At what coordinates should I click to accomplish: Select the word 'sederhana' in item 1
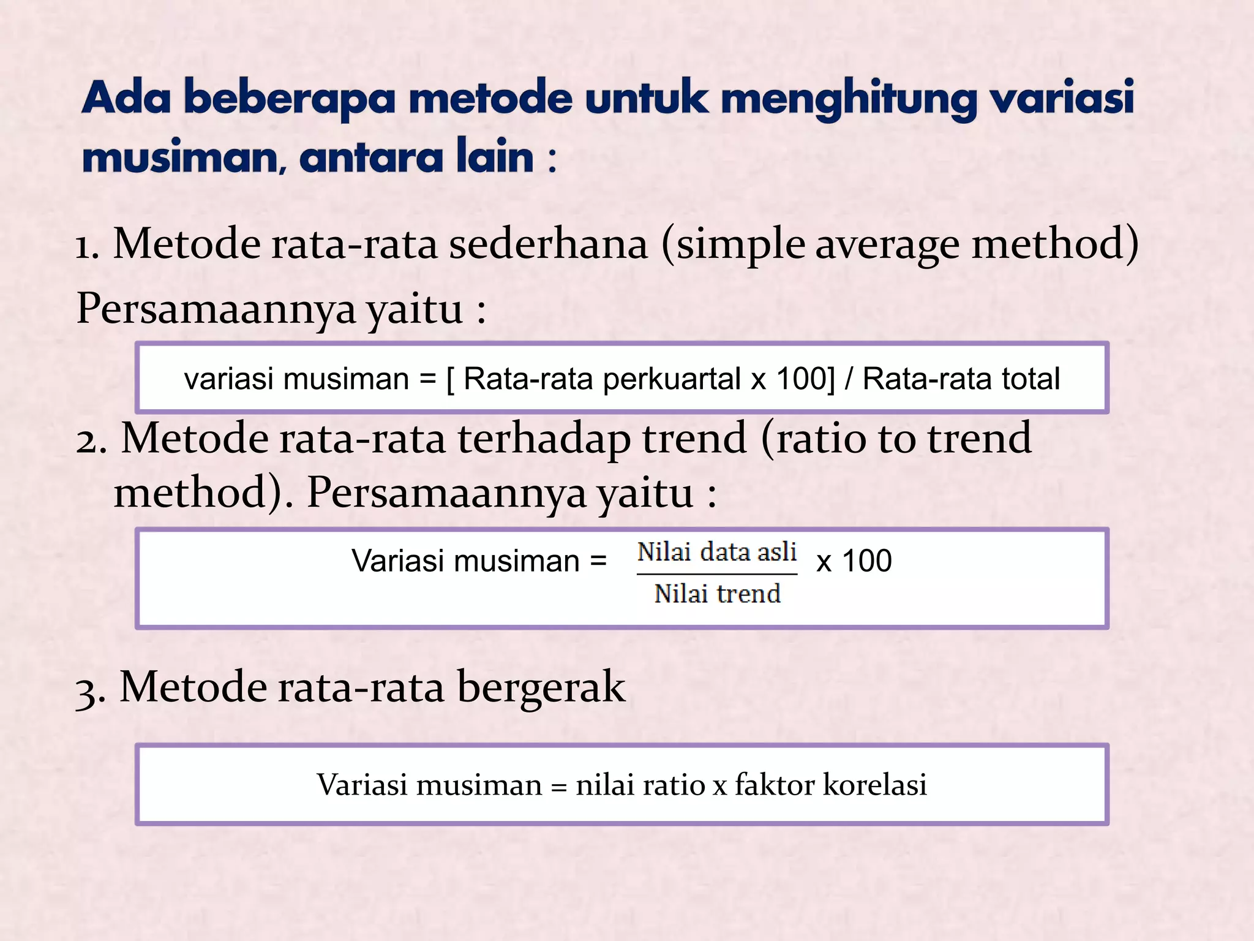click(x=548, y=244)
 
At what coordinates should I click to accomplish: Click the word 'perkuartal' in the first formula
click(x=672, y=379)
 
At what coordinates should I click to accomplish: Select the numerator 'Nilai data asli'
click(x=716, y=552)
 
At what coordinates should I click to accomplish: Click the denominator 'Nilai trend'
click(x=717, y=594)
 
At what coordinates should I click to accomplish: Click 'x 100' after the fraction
click(x=854, y=561)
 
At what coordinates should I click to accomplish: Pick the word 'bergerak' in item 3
click(x=541, y=687)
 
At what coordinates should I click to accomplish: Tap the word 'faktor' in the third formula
click(x=775, y=785)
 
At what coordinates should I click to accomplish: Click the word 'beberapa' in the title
click(x=290, y=99)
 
